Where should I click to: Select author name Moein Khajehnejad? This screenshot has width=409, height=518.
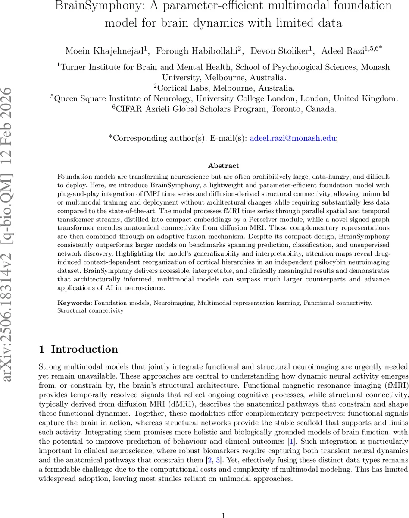pos(105,51)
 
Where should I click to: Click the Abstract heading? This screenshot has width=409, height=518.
pos(223,165)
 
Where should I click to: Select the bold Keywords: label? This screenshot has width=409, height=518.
pos(75,303)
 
